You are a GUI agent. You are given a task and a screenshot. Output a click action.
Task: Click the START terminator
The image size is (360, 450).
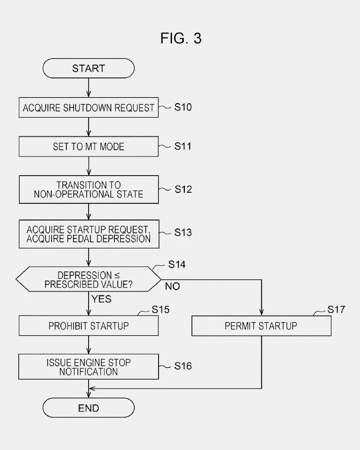(x=89, y=68)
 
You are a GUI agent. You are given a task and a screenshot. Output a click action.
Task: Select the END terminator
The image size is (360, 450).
(x=89, y=408)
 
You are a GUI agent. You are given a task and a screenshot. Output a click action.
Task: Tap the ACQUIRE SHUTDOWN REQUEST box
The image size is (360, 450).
(x=89, y=108)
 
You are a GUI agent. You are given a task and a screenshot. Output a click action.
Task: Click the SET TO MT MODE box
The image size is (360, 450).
(x=89, y=146)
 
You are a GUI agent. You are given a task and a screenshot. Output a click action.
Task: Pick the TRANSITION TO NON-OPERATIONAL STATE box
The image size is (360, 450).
(x=89, y=189)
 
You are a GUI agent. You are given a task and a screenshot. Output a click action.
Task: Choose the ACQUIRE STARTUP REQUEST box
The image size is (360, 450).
(x=89, y=234)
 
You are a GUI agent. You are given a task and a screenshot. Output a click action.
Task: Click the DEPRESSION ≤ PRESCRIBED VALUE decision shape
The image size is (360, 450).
(x=89, y=279)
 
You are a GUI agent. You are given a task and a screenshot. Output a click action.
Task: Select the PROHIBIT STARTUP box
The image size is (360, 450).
(x=89, y=326)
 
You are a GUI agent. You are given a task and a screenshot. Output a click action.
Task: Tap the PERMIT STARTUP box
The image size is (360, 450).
(x=261, y=326)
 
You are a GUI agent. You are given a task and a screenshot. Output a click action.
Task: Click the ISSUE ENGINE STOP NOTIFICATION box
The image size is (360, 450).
(x=89, y=367)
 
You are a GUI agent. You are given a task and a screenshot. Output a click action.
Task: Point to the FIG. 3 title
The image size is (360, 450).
(x=181, y=38)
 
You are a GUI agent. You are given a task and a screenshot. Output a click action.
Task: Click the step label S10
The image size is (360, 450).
(x=183, y=107)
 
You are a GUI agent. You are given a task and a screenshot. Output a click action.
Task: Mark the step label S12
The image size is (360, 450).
(x=183, y=189)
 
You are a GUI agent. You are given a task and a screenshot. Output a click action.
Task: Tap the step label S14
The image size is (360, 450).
(x=177, y=265)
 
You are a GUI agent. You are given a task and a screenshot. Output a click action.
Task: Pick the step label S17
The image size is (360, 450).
(x=336, y=309)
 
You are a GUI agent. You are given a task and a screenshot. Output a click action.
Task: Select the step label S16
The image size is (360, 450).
(x=183, y=366)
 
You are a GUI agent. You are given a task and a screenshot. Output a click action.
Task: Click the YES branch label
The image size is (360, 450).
(x=101, y=299)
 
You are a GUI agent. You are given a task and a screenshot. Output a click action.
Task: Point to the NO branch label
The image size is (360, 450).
(x=172, y=286)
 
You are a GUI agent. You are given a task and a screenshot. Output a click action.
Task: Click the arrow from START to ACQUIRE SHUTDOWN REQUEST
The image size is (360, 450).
(x=89, y=88)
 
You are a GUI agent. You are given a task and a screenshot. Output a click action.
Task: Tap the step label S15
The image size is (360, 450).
(x=161, y=309)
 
